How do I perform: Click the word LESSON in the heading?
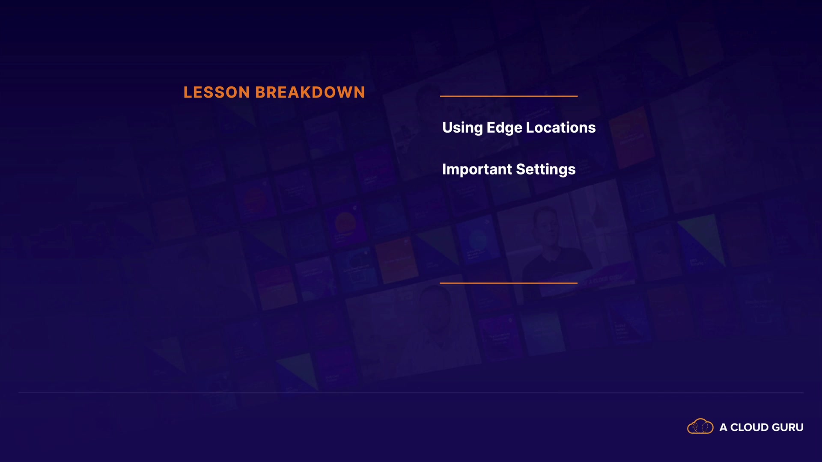(217, 92)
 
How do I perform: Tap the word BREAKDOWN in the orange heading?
(310, 92)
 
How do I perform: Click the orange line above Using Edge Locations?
(509, 96)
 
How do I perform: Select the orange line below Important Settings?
(509, 283)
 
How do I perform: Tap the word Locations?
(561, 127)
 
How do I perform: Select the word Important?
(477, 169)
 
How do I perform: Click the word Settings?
(546, 169)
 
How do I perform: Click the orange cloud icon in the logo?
(700, 426)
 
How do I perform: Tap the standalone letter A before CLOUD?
(724, 427)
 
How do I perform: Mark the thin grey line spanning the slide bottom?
(411, 392)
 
